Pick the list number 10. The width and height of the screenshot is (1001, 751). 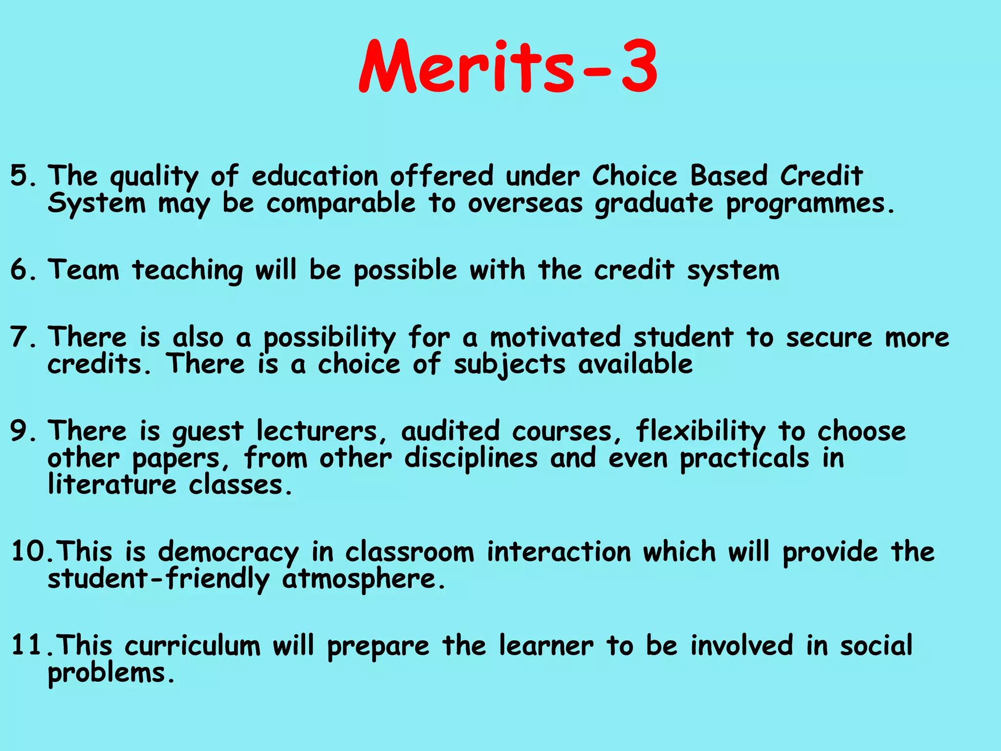(28, 552)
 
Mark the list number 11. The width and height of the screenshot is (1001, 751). (28, 645)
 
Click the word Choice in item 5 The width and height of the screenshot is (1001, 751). (634, 176)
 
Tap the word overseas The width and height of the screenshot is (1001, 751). (525, 203)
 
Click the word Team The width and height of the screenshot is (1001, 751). (84, 270)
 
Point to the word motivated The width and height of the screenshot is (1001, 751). (556, 337)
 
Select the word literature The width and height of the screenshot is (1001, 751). (112, 485)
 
